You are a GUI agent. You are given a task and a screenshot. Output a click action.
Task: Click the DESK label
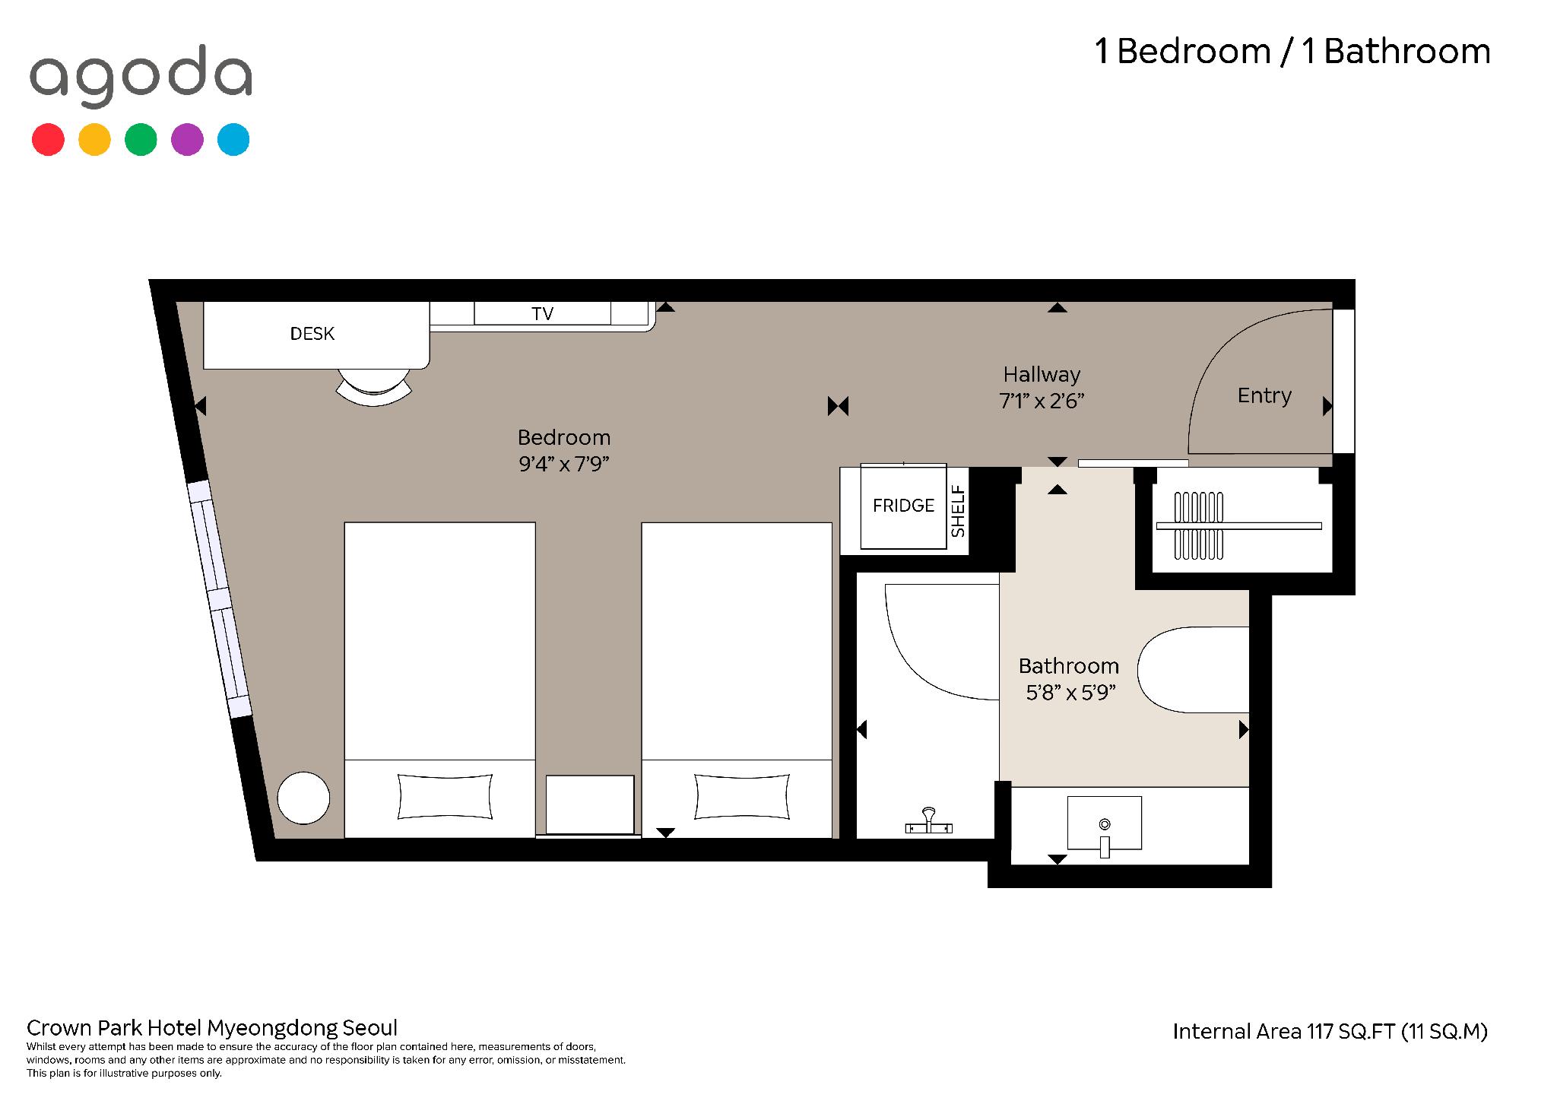[x=312, y=334]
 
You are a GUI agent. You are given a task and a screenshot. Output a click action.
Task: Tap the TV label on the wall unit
[x=542, y=314]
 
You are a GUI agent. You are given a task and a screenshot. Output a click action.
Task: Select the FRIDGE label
[x=903, y=506]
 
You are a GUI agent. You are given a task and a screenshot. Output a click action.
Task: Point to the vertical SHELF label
[x=958, y=511]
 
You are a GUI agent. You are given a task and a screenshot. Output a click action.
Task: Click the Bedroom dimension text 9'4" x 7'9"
[x=564, y=464]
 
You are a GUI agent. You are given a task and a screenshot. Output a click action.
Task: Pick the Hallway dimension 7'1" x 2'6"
[x=1042, y=401]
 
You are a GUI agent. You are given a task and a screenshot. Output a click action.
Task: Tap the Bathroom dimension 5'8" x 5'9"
[x=1070, y=693]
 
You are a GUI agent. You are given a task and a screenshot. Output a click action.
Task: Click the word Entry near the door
[x=1264, y=395]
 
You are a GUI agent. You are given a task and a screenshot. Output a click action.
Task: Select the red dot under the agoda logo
[x=48, y=140]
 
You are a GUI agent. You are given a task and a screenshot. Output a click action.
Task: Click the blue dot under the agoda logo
[x=233, y=140]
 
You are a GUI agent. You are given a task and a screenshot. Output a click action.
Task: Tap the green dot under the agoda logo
[x=141, y=140]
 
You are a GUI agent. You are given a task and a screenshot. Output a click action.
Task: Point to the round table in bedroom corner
[x=303, y=798]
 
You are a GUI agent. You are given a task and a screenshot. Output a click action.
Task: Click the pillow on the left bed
[x=446, y=796]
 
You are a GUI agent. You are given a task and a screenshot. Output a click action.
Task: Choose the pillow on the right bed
[x=742, y=796]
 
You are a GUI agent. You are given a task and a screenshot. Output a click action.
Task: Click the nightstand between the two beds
[x=590, y=804]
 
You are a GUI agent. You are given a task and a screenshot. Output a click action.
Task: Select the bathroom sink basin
[x=1105, y=823]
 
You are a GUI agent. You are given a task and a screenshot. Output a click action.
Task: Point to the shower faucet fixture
[x=928, y=822]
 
